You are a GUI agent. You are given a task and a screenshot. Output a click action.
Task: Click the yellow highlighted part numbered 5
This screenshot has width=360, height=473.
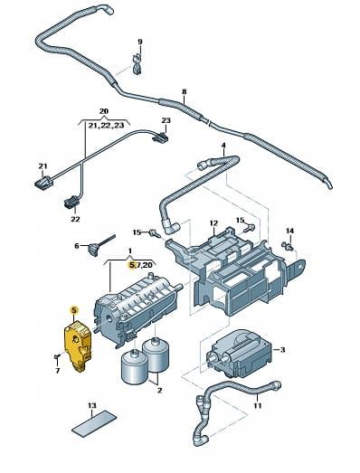78,346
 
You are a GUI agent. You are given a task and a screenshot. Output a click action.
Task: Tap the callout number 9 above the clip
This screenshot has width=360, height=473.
139,42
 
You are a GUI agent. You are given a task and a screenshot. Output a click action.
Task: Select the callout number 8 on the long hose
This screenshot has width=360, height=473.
185,91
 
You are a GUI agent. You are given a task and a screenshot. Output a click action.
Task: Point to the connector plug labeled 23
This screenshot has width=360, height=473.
160,137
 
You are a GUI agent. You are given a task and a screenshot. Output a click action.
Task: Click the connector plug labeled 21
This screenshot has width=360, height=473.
43,182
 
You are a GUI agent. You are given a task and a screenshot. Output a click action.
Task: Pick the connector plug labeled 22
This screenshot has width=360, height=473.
71,202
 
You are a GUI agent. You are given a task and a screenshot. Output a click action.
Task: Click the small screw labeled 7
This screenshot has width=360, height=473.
57,357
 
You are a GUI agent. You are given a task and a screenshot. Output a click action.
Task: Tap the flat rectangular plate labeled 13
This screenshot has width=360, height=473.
94,422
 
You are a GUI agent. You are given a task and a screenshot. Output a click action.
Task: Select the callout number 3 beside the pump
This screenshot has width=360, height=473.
282,350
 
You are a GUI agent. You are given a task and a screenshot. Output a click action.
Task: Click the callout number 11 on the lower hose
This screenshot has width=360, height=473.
257,406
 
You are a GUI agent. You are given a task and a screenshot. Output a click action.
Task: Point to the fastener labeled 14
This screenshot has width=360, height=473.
288,246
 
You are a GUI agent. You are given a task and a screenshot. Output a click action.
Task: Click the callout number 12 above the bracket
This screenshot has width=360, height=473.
213,223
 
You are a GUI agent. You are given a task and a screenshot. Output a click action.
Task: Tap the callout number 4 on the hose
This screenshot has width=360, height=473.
223,146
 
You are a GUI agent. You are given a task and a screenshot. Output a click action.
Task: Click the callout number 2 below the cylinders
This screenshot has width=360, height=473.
159,390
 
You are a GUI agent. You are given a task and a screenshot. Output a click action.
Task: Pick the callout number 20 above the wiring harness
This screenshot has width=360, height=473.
103,111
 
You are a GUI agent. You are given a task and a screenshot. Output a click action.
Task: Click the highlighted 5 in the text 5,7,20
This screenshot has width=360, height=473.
131,265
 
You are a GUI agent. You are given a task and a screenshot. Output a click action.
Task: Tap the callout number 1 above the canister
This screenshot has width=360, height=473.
129,251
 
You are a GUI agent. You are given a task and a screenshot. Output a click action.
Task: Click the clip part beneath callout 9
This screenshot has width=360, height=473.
137,65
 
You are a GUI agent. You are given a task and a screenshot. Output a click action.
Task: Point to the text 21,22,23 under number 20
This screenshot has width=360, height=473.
106,126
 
